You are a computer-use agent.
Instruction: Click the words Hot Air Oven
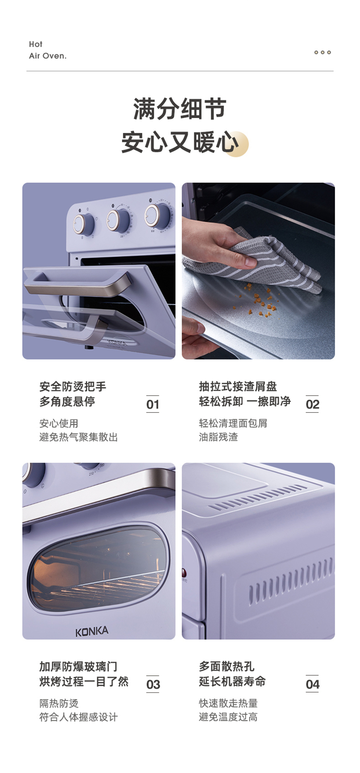point(48,50)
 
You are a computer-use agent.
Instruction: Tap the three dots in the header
point(323,52)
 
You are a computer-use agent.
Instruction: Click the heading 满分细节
point(180,109)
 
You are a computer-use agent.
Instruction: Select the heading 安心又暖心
point(180,142)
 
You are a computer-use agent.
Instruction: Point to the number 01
point(153,404)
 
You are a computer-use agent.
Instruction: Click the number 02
point(312,404)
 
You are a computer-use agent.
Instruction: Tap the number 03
point(153,684)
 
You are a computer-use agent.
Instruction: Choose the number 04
point(312,684)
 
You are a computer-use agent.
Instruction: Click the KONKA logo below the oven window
point(92,631)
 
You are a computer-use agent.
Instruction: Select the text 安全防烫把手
point(73,387)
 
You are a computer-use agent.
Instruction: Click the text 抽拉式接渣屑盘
point(238,387)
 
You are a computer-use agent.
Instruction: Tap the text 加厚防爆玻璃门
point(78,666)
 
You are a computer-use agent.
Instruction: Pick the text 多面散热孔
point(227,666)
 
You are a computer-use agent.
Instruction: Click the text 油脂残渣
point(218,437)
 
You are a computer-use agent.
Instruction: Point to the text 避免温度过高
point(228,717)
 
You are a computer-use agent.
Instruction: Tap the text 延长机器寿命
point(232,681)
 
